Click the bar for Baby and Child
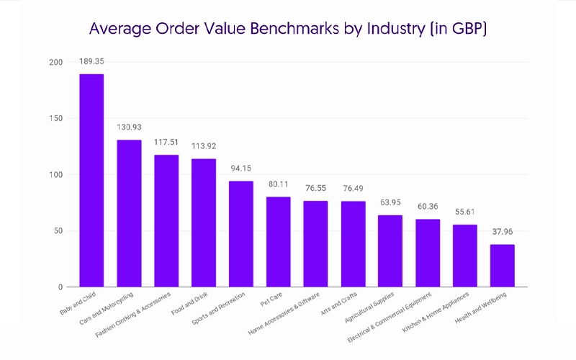click(x=91, y=180)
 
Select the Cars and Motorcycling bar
click(x=129, y=213)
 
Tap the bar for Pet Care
click(x=278, y=242)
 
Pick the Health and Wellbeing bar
click(x=502, y=266)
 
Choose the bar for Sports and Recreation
click(x=240, y=234)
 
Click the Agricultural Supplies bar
click(x=390, y=251)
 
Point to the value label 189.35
click(x=91, y=62)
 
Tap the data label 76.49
click(x=353, y=189)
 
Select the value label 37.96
click(x=502, y=233)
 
